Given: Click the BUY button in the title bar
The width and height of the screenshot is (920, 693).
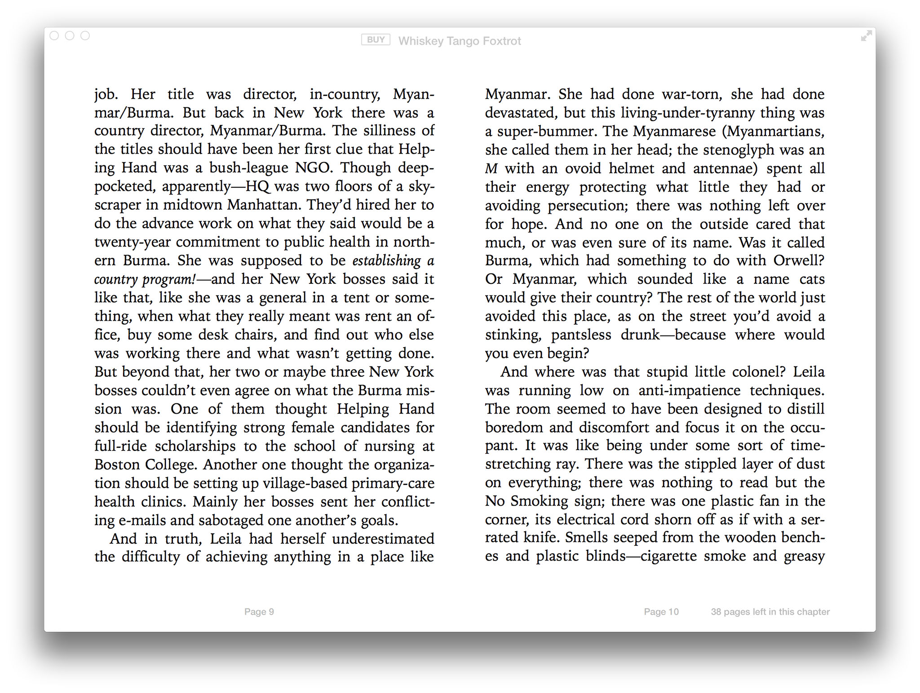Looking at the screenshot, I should coord(376,40).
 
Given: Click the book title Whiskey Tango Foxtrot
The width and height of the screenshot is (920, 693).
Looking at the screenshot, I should coord(460,41).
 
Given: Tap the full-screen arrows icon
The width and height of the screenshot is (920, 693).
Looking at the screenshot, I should coord(866,36).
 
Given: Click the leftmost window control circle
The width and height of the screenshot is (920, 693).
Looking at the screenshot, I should coord(54,36).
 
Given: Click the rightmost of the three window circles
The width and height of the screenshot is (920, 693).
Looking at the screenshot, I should coord(85,36).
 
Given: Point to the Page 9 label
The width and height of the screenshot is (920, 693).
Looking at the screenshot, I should coord(259,612).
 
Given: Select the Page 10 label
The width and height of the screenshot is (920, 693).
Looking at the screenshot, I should coord(661,612).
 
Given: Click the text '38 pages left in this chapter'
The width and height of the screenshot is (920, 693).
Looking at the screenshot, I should coord(770,612).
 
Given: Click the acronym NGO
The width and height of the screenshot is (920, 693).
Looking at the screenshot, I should coord(313,168).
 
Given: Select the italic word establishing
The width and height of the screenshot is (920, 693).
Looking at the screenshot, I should coord(386,261).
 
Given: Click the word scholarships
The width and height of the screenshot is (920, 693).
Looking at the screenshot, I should coord(195,446).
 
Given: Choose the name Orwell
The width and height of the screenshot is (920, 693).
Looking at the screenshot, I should coord(798,261).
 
